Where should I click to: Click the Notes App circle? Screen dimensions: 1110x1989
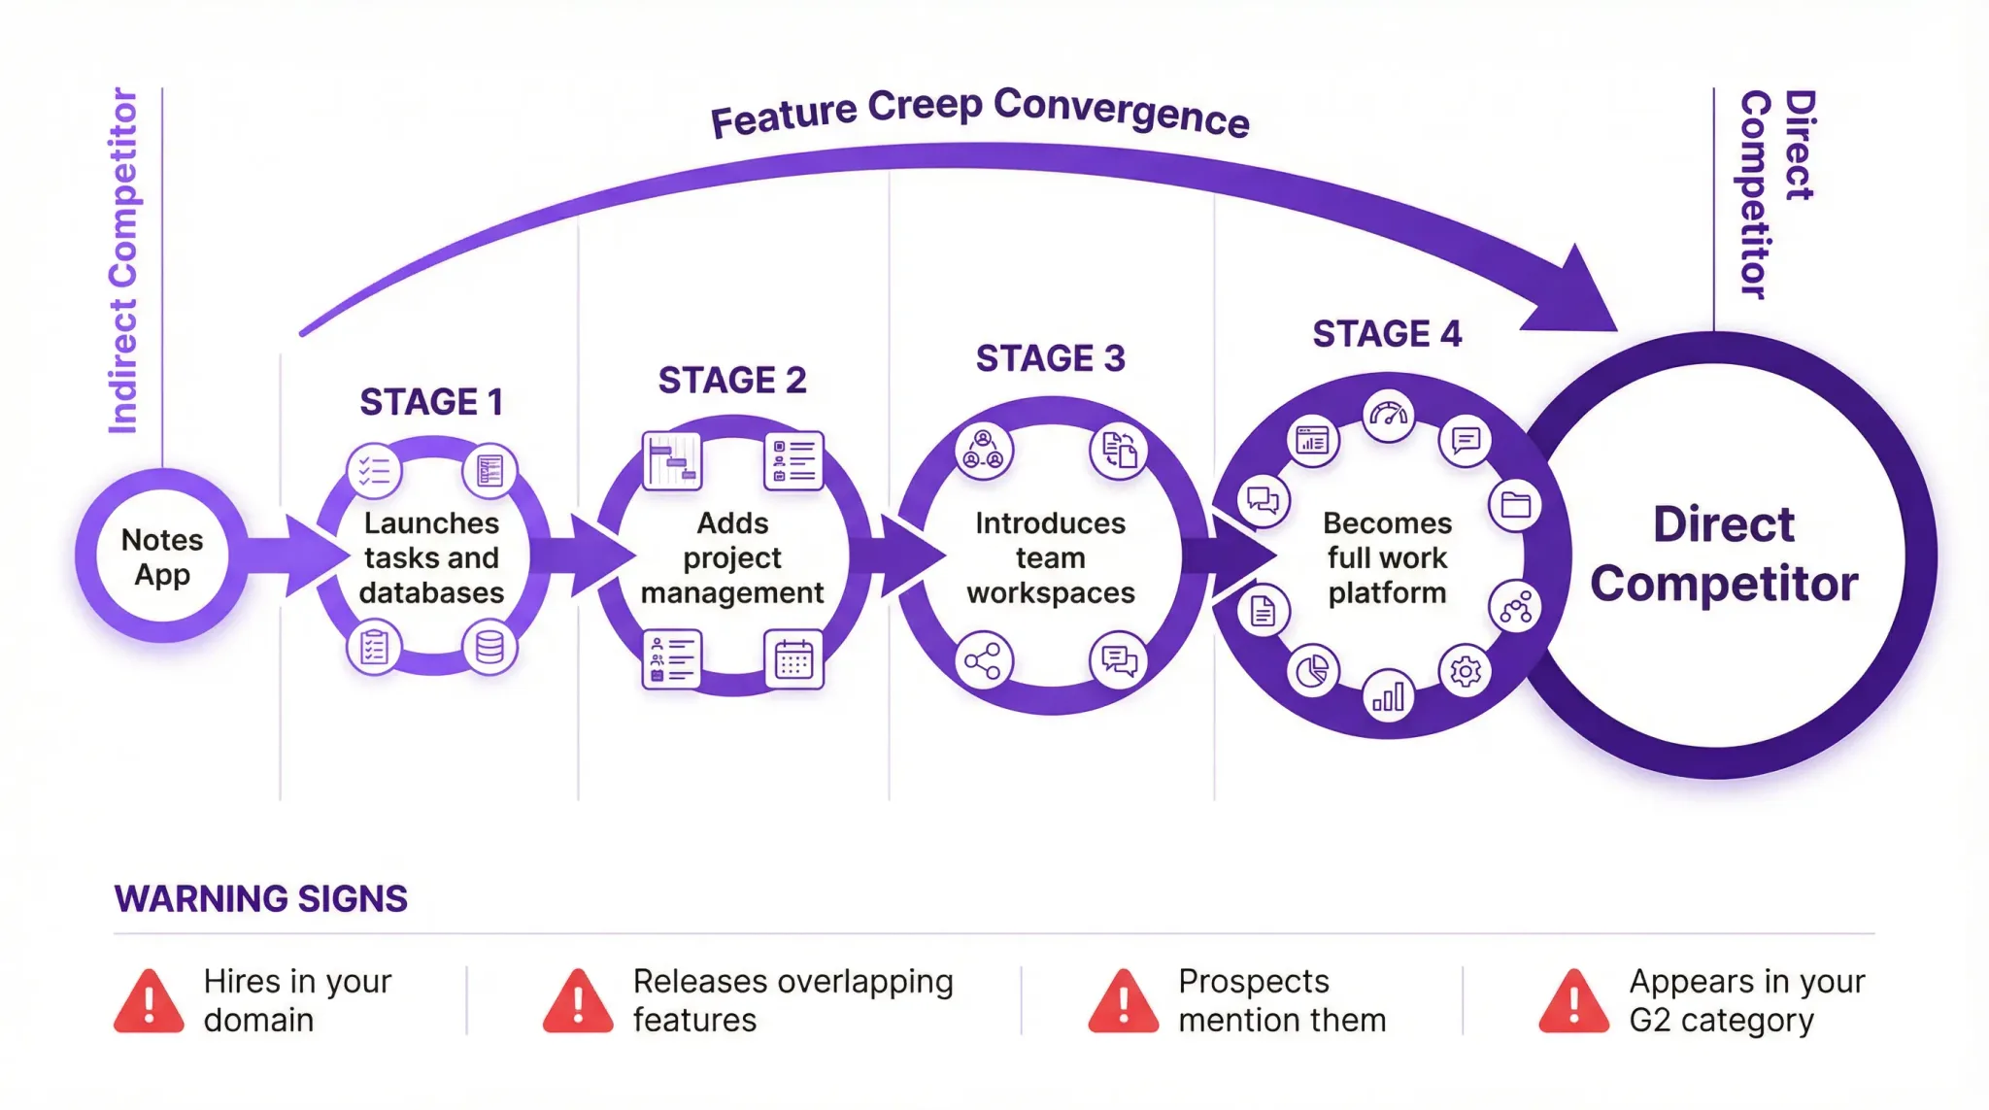(162, 556)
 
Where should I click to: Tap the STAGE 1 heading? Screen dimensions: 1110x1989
(431, 402)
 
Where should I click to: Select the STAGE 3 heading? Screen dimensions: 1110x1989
(1050, 358)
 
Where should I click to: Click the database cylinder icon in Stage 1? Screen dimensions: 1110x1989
(489, 648)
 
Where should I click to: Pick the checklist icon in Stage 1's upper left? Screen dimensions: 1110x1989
(374, 471)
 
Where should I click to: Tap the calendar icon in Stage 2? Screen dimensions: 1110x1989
(793, 660)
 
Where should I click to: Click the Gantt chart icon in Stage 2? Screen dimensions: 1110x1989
(672, 460)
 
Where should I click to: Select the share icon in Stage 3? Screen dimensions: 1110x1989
(983, 661)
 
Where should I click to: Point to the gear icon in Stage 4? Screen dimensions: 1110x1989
(1465, 671)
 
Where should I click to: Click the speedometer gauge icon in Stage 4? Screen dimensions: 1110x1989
(1388, 416)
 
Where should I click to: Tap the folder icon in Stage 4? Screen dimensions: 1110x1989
(1515, 505)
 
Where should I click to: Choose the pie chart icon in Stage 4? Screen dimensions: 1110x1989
(1312, 671)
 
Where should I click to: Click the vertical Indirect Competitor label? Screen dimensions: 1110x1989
(123, 260)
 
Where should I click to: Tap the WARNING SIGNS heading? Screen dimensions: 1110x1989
(260, 899)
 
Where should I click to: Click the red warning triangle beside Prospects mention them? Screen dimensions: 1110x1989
(1123, 1001)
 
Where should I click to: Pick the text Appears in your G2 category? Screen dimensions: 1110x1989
(1745, 1000)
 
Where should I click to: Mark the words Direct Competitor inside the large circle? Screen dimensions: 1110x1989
(1723, 555)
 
